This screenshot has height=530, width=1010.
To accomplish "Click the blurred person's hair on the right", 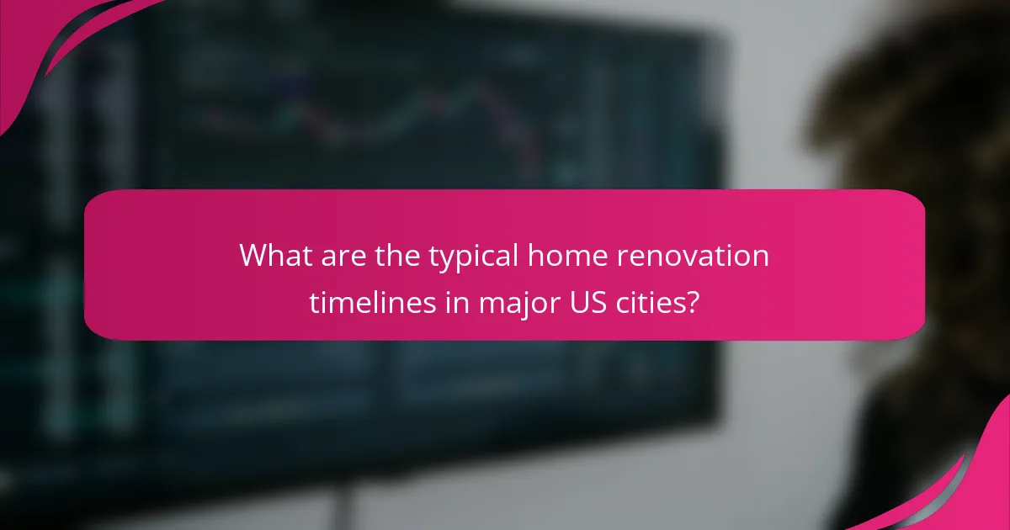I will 909,126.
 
